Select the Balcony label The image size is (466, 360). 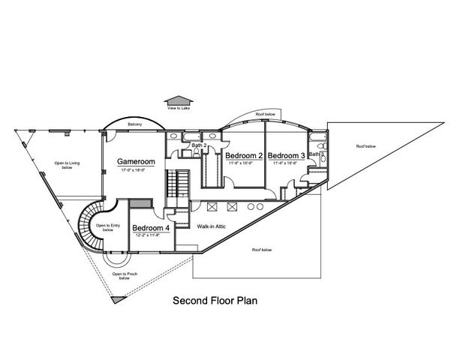(x=134, y=124)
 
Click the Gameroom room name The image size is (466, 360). (x=135, y=161)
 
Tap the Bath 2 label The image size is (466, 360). (x=199, y=145)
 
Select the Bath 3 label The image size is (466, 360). (x=316, y=154)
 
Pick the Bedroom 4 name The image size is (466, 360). (x=150, y=228)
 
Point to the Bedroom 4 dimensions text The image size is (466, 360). (x=150, y=235)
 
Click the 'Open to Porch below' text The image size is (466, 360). (x=125, y=275)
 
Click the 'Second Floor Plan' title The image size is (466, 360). (x=215, y=301)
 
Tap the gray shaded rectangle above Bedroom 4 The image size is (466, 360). (x=140, y=203)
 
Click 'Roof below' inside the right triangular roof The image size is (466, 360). (x=365, y=146)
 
